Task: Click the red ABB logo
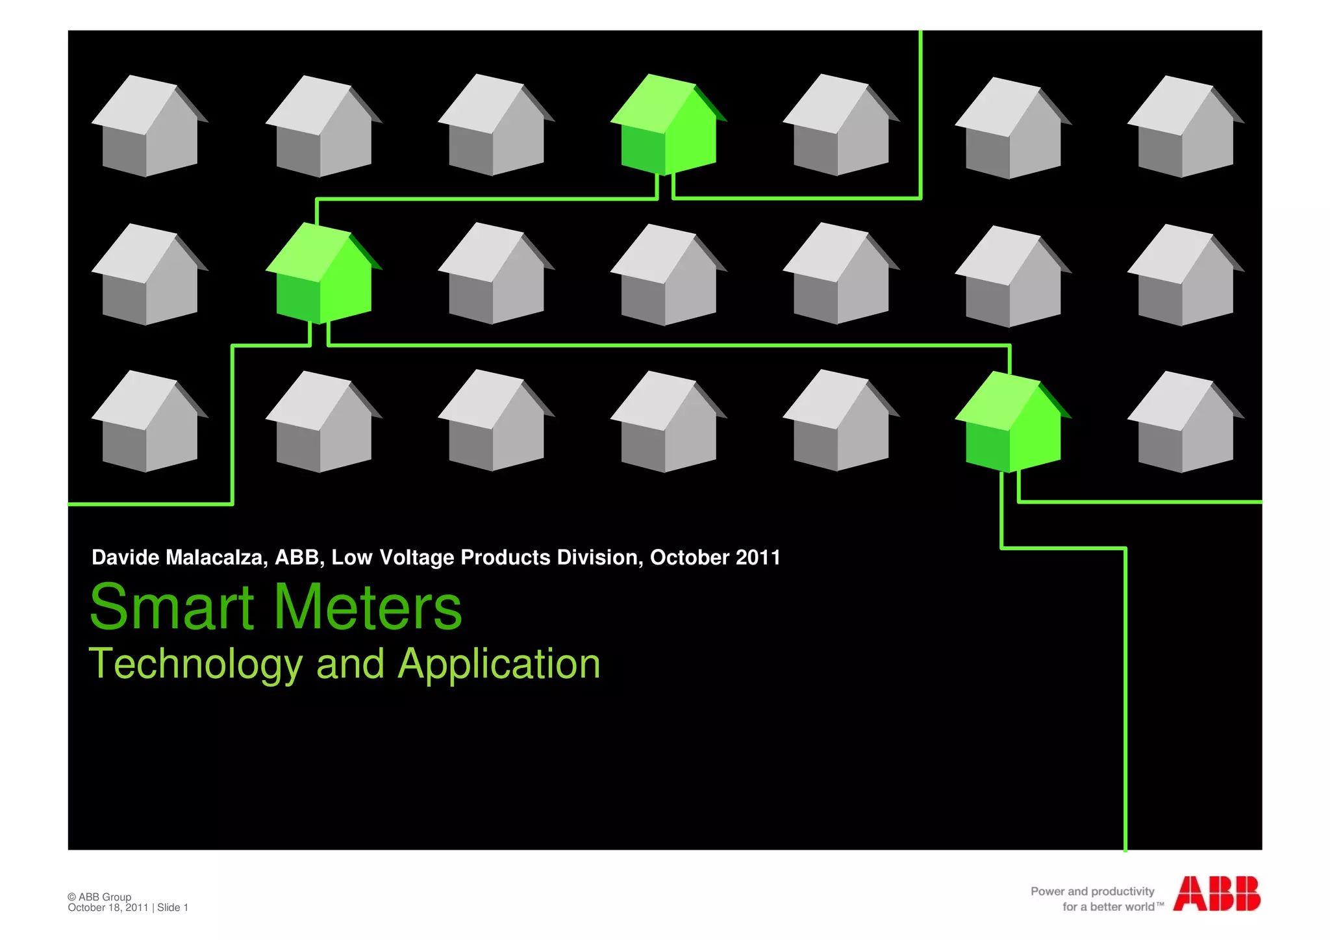tap(1216, 894)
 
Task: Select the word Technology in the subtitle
tap(195, 665)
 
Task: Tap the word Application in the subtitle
tap(499, 665)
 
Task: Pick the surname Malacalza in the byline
tap(216, 557)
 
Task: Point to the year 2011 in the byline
tap(758, 557)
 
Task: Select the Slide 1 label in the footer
tap(173, 908)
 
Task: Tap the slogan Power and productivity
tap(1092, 891)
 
